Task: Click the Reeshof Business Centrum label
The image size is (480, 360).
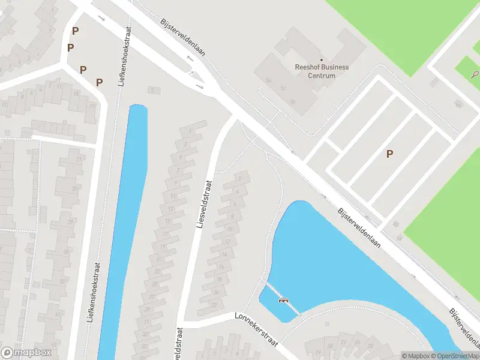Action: coord(322,71)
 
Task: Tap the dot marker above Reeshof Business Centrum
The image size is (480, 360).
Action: coord(322,59)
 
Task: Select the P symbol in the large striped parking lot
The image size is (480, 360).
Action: coord(389,154)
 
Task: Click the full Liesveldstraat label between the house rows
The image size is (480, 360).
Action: coord(205,204)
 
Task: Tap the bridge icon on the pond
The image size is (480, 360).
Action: coord(283,300)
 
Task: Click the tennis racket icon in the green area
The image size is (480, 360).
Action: coord(475,75)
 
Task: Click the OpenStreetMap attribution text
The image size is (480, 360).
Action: coord(457,356)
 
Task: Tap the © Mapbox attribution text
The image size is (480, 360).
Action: coord(415,356)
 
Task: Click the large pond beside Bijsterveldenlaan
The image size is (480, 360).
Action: coord(336,264)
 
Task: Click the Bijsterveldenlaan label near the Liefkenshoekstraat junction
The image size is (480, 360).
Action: coord(183,37)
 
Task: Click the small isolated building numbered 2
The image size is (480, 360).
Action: coord(154,90)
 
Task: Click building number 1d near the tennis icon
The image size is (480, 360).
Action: coord(458,106)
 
